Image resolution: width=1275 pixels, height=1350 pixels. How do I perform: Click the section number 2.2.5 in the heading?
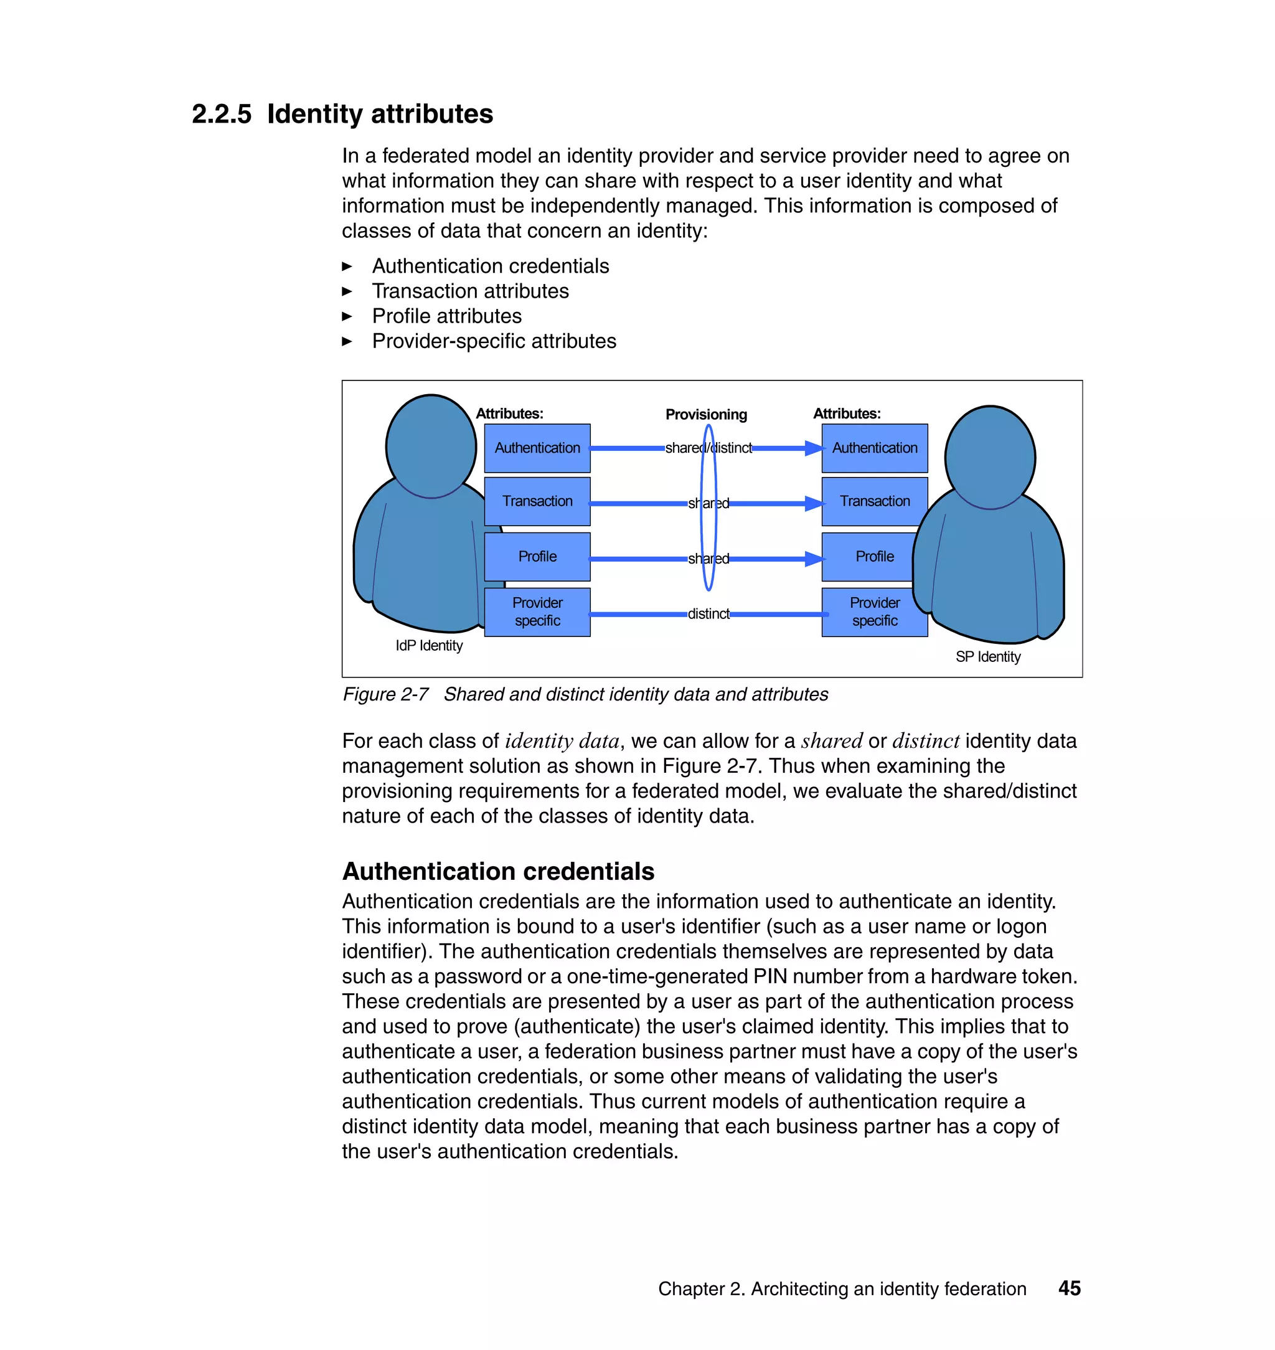(x=221, y=114)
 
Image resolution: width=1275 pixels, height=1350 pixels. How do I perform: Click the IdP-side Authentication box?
(x=537, y=448)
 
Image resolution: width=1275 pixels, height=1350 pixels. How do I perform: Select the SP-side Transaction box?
(x=874, y=501)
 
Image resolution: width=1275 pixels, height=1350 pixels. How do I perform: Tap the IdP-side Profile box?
(x=537, y=557)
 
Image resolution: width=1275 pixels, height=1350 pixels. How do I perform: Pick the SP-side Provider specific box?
(x=874, y=611)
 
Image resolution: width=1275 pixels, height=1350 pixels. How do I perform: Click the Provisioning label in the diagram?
(x=705, y=415)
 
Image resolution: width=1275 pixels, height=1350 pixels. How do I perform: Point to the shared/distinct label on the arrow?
(x=708, y=448)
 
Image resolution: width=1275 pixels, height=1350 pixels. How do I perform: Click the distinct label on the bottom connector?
(x=708, y=614)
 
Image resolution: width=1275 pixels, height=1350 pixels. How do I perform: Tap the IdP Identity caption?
(x=429, y=646)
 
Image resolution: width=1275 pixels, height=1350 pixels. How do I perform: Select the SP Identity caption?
(x=987, y=657)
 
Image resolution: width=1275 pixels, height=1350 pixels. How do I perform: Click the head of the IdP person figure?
(x=430, y=446)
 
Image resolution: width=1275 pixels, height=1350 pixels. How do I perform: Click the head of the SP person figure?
(x=989, y=457)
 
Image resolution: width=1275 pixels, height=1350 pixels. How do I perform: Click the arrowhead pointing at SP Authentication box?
(x=814, y=448)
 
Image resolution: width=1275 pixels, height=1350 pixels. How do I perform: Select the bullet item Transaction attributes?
(x=470, y=291)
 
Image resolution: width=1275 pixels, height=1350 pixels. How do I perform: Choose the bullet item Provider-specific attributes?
(x=494, y=341)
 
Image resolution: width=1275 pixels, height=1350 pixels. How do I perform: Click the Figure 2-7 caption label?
(x=385, y=694)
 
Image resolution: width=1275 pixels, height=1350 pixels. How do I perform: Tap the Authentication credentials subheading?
(x=498, y=871)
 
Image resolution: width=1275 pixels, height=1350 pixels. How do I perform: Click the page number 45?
(x=1069, y=1288)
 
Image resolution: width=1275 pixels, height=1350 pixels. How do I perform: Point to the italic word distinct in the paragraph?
(x=925, y=741)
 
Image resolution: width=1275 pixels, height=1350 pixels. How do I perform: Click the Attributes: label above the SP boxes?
(x=846, y=413)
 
